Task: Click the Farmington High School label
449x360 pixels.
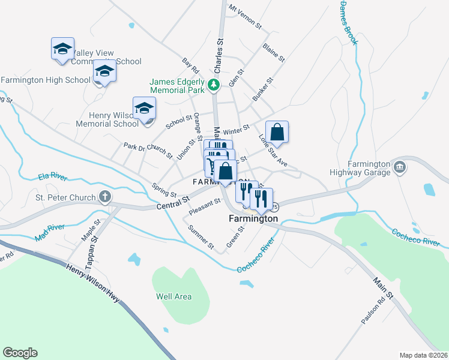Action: tap(46, 80)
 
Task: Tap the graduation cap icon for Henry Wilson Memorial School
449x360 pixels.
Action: tap(144, 109)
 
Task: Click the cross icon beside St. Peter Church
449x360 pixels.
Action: tap(104, 196)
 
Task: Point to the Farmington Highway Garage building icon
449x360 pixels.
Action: tap(399, 166)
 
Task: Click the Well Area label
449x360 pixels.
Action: tap(173, 296)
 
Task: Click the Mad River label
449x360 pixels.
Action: tap(49, 232)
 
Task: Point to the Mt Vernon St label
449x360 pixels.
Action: tap(246, 17)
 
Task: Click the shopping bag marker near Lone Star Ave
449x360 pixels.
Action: tap(277, 131)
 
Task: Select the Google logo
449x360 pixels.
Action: tap(20, 353)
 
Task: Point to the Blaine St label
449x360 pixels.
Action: tap(273, 52)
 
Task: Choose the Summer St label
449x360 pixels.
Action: tap(200, 237)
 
